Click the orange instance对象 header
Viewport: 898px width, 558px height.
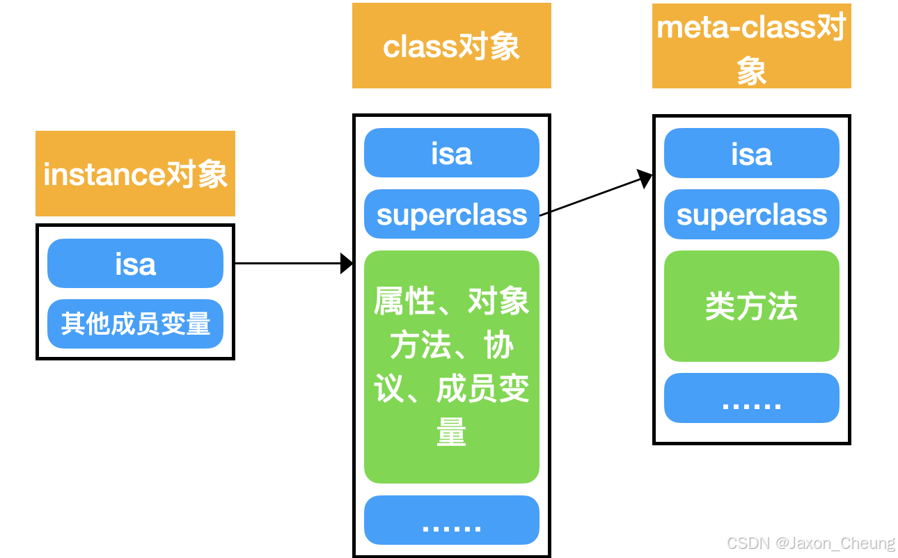point(135,174)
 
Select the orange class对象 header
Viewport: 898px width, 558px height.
point(451,46)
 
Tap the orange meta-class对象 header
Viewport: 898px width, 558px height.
point(751,46)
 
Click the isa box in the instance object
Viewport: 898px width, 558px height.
point(135,264)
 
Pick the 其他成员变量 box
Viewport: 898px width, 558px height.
point(135,324)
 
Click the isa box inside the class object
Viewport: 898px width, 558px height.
point(451,153)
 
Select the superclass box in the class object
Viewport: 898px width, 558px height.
point(451,214)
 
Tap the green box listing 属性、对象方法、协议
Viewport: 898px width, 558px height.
point(451,367)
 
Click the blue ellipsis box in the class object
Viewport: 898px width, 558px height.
point(451,520)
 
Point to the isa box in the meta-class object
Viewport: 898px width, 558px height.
point(751,153)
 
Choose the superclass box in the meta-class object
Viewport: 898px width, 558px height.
point(751,214)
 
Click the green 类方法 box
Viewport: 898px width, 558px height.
point(751,306)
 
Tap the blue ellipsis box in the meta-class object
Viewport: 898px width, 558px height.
point(751,398)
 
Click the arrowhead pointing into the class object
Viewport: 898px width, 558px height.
point(347,264)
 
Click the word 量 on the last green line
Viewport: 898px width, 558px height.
point(451,433)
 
